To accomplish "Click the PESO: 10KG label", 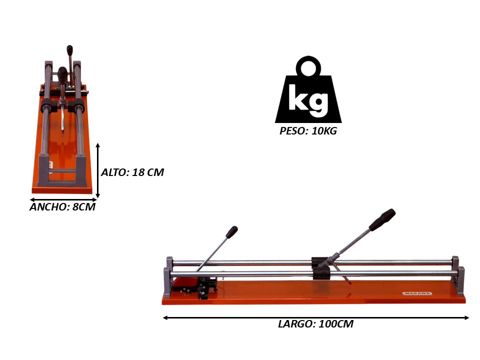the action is click(308, 131).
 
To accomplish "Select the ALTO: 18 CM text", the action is click(132, 172).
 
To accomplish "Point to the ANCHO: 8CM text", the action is click(62, 207).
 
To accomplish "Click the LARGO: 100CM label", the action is click(315, 324).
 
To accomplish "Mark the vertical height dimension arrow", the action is click(97, 170).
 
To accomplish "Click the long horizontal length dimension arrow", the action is click(315, 318).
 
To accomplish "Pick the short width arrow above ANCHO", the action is click(63, 200).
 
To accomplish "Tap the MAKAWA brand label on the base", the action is click(417, 294).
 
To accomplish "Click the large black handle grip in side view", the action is click(382, 220).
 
